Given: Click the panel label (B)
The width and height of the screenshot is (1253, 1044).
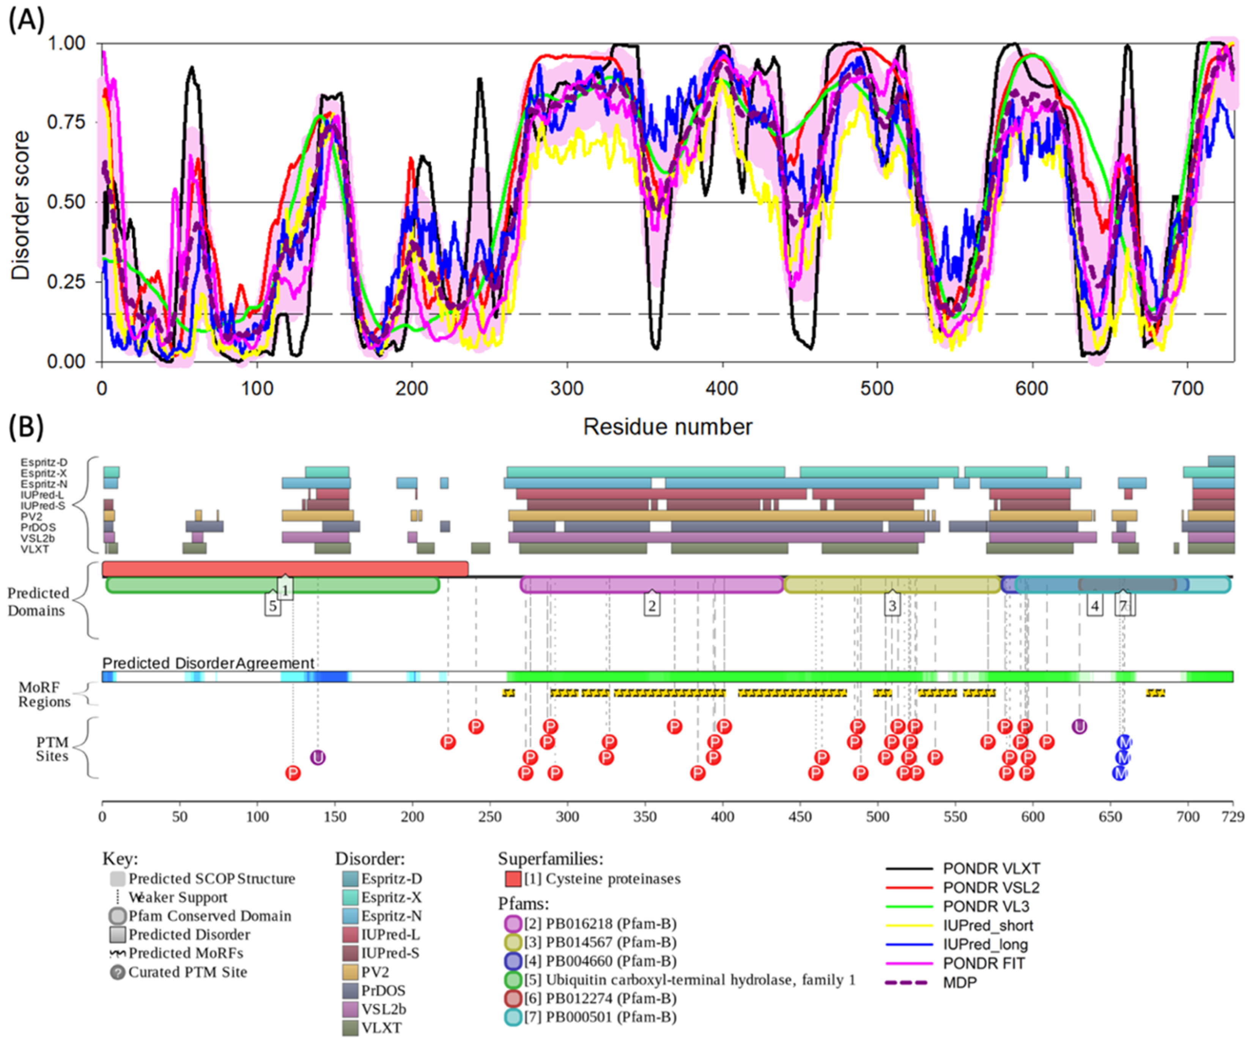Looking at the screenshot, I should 26,427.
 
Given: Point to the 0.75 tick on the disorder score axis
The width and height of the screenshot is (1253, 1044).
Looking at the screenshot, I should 66,122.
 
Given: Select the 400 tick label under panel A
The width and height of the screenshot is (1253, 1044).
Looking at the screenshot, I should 722,389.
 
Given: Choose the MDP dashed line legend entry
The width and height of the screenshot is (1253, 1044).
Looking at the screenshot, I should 959,982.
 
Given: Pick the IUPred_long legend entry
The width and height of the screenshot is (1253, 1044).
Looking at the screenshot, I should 984,944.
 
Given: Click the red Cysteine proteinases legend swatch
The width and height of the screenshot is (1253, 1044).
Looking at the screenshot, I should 513,878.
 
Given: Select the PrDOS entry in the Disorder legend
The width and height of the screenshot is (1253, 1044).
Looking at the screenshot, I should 383,991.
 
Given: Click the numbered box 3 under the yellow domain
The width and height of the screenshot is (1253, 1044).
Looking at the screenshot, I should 892,606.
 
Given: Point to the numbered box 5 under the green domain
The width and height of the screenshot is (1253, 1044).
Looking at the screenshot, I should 273,606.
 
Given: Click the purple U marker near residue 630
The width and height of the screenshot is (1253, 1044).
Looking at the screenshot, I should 1079,727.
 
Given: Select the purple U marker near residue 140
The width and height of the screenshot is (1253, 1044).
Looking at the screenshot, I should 318,757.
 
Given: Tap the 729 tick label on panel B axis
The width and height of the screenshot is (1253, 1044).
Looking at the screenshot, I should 1233,817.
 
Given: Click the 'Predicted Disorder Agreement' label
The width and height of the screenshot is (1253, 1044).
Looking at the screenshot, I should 208,663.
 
